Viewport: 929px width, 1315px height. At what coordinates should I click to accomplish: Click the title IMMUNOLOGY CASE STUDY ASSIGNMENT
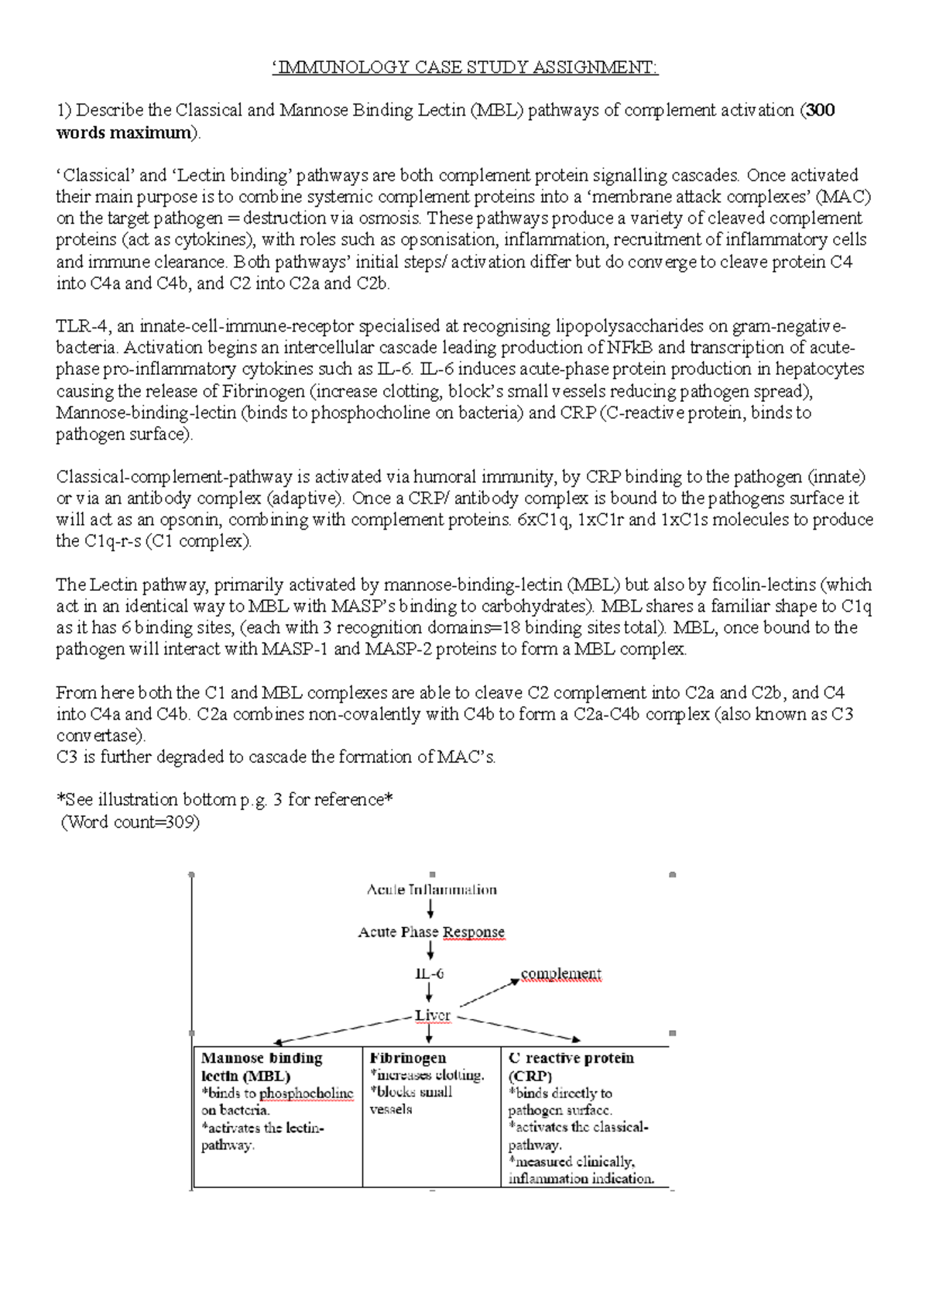(464, 67)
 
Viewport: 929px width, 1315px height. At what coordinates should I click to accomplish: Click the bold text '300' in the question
(820, 110)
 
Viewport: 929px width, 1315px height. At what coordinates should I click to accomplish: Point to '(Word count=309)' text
(130, 822)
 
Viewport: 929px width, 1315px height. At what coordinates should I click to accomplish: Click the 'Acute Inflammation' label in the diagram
(431, 890)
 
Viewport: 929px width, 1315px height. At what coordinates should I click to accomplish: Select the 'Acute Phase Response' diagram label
(431, 932)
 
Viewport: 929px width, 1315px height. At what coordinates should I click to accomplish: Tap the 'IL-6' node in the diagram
(429, 974)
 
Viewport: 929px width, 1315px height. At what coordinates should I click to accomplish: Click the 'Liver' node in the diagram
(432, 1015)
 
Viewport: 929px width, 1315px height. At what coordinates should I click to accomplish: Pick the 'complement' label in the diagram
(560, 974)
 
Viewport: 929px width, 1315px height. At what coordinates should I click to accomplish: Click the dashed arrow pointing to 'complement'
(490, 994)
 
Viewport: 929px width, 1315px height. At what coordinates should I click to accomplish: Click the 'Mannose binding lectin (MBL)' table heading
(262, 1067)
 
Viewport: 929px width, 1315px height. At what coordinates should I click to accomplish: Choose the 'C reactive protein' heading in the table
(571, 1059)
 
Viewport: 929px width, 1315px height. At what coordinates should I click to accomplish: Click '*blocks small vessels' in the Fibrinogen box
(410, 1100)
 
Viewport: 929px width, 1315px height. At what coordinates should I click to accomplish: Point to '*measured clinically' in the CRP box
(571, 1162)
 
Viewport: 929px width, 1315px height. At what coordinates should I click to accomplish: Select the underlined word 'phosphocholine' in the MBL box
(306, 1094)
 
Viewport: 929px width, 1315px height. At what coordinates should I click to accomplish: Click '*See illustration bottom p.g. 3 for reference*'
(225, 800)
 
